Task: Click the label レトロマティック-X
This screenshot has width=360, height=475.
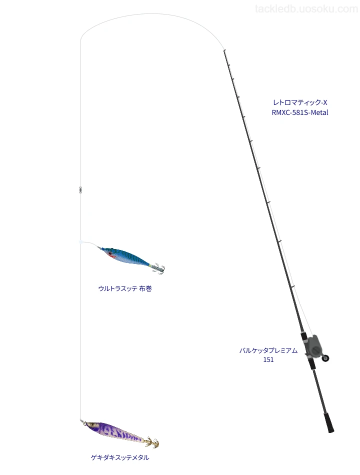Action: coord(300,102)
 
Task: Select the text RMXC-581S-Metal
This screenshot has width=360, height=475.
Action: coord(300,112)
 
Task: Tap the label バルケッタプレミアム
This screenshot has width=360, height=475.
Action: coord(268,350)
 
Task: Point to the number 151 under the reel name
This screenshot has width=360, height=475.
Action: coord(268,360)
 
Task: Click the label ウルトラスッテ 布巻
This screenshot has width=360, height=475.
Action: coord(125,288)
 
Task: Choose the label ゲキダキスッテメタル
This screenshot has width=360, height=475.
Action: coord(120,457)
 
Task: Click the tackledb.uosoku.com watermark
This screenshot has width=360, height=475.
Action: coord(306,9)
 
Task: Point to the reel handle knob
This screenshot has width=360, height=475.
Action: coord(326,358)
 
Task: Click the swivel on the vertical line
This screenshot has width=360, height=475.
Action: coord(80,190)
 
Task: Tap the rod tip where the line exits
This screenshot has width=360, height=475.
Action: coord(224,50)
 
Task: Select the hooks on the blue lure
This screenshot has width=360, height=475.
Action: coord(158,268)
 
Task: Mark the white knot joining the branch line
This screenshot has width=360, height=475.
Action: coord(80,242)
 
